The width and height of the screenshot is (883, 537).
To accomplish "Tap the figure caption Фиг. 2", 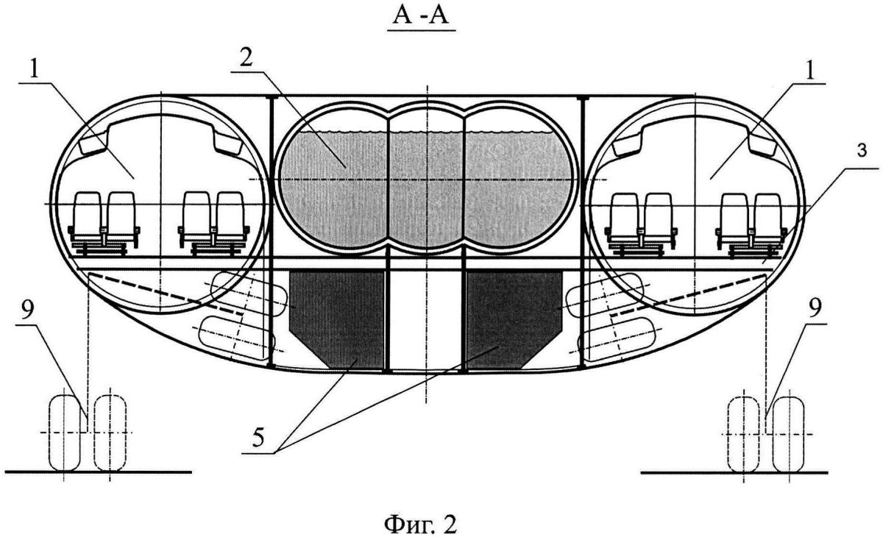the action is coord(421,524).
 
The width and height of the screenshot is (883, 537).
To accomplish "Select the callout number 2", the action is coord(247,58).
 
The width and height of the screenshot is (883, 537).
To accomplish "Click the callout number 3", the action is coord(862,151).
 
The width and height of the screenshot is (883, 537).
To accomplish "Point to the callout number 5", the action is coord(258,437).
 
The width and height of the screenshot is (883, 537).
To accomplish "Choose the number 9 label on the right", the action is coord(815,307).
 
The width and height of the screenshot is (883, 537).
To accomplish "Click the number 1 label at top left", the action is coord(35,70).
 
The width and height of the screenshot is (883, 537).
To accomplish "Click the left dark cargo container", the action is coord(336,319).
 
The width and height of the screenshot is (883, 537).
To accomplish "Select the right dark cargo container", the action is coord(514,319).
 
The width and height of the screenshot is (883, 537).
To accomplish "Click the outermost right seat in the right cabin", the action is coord(768,221).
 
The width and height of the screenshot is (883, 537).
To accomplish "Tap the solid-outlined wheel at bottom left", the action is coord(64,433).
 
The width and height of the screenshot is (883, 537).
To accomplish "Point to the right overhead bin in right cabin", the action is coord(763,143).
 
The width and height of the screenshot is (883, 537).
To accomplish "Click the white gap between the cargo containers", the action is coord(425,319).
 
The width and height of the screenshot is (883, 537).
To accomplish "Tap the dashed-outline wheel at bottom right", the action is coord(743,435).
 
